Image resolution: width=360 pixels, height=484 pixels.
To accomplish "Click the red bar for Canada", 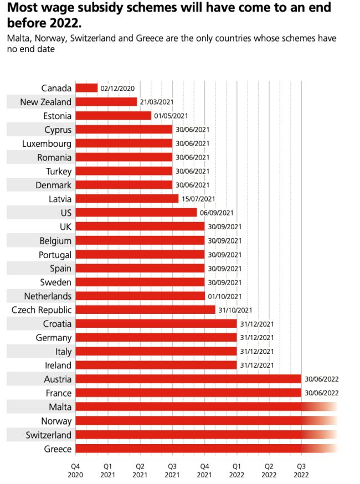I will coord(86,88).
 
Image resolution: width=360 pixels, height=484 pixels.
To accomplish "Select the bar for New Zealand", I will coord(106,102).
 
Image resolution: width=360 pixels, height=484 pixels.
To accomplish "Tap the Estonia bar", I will coord(113,116).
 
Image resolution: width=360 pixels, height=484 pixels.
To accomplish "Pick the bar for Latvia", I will coord(127,199).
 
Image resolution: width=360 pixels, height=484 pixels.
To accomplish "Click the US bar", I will coord(136,213).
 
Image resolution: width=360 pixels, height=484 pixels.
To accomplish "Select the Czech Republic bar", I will coord(145,310).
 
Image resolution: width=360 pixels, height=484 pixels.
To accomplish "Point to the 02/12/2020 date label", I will coord(117,88).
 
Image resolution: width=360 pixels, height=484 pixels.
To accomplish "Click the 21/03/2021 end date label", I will coord(157,102).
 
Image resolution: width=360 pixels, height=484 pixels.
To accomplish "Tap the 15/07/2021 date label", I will coord(198,199).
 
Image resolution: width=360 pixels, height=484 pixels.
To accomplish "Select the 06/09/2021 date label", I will coord(217,213).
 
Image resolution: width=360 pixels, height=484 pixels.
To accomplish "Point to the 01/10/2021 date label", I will coord(224,296).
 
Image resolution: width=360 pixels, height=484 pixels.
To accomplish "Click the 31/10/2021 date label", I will coord(235,310).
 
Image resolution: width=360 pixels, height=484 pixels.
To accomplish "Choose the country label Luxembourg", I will coord(47,143).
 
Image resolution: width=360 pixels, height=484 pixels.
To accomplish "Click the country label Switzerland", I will coord(49,435).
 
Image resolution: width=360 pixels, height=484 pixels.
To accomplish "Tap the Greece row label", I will coord(58,449).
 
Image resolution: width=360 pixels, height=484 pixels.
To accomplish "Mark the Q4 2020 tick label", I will coord(76,470).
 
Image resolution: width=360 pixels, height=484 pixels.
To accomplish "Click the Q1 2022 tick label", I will coord(236,470).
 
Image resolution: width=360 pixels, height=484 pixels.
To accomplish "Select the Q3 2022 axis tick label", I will coord(301,470).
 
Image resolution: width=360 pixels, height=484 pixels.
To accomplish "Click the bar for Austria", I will coord(188,379).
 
